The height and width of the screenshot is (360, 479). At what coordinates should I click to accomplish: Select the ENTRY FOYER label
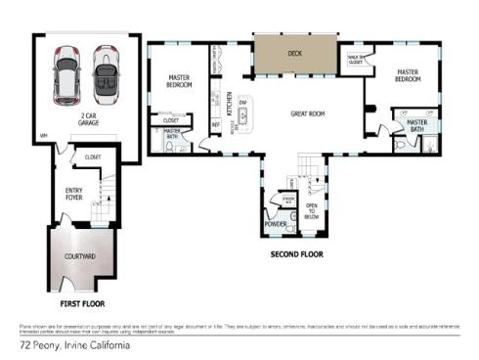coord(74,194)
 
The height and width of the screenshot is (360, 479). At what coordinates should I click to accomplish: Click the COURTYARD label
coord(78,256)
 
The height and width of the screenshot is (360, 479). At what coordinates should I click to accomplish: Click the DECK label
coord(294,54)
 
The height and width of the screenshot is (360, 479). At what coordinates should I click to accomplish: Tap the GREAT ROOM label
coord(307,114)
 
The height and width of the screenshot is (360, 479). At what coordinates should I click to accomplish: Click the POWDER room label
coord(275,225)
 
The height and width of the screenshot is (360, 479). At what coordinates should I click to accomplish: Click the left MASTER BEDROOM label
coord(180,81)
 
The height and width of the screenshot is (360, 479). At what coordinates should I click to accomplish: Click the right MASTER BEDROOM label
coord(408,75)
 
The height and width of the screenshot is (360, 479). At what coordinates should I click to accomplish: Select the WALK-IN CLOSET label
coord(356,59)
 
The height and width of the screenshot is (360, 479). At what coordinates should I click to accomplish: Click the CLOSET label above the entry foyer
coord(94,157)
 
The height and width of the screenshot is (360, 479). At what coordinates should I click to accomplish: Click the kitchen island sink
coord(241,114)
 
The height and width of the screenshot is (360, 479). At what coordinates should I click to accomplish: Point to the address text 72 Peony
coord(40,344)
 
